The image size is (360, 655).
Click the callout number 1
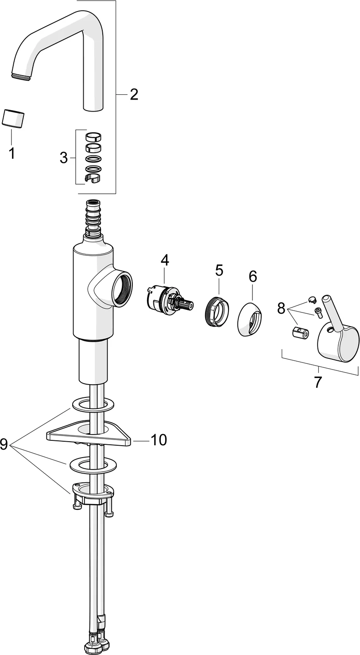point(12,154)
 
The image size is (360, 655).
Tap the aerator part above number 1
point(13,119)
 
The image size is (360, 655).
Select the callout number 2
point(133,94)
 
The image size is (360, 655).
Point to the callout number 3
point(63,157)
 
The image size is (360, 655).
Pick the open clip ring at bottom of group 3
point(93,178)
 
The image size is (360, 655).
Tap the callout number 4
point(164,260)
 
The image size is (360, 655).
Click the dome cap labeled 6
point(250,320)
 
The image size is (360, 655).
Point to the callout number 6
point(252,277)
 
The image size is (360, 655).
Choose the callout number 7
point(318,382)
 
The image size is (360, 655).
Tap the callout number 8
point(281,308)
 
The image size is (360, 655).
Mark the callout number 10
point(158,439)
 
